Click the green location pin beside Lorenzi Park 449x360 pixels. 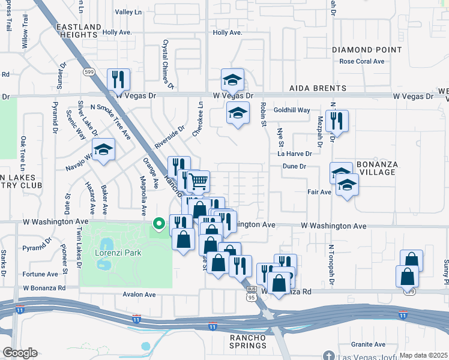(x=159, y=224)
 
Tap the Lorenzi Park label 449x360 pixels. (x=118, y=253)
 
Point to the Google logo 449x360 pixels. (x=20, y=353)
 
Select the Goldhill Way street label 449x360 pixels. (x=292, y=110)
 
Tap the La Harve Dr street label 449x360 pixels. (x=295, y=154)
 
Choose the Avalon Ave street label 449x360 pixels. (x=139, y=295)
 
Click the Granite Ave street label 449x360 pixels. (x=368, y=344)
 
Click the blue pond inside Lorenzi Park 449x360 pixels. (x=106, y=244)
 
